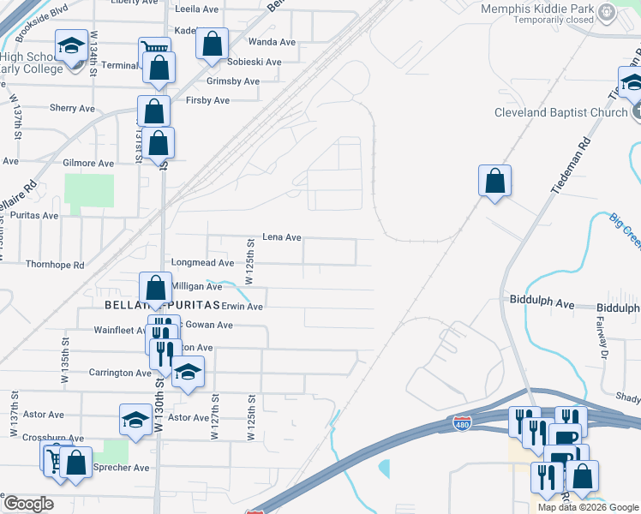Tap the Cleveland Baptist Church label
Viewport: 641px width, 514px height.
pos(561,112)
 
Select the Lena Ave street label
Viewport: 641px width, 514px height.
pos(282,237)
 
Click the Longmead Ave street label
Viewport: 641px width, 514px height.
pos(202,263)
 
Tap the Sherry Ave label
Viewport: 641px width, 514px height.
pos(72,109)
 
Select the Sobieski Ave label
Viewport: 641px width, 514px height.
pos(255,62)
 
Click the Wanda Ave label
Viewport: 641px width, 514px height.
pos(273,41)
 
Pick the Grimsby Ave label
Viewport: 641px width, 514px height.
pos(233,81)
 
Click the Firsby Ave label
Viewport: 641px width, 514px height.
pos(207,100)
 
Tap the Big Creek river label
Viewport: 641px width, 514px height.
pos(625,231)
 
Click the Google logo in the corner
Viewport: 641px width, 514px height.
pos(28,503)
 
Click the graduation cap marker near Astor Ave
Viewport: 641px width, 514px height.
pos(135,419)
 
